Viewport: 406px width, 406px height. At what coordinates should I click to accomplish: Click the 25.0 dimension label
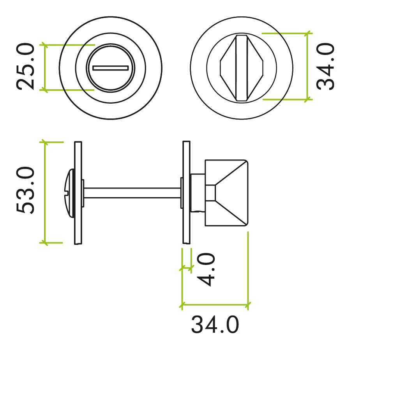(26, 67)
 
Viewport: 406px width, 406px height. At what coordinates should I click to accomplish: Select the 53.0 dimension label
(26, 191)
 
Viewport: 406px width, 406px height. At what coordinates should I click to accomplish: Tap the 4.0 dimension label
(207, 269)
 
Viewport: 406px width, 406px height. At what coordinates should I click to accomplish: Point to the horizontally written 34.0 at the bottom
(215, 325)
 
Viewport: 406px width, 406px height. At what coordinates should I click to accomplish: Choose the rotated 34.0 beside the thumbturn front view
(326, 67)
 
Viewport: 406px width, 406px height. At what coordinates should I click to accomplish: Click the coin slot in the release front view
(111, 68)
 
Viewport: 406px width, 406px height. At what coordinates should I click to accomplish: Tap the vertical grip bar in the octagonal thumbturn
(242, 68)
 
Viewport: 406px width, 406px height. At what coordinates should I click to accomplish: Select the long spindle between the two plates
(132, 192)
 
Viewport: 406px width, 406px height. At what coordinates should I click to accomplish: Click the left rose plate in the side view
(78, 192)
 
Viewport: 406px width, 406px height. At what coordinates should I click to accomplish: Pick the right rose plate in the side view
(186, 192)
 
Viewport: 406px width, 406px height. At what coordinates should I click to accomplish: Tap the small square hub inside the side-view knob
(210, 193)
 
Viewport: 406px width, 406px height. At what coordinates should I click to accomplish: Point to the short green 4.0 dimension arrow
(186, 268)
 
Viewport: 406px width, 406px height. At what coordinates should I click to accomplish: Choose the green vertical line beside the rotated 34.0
(307, 66)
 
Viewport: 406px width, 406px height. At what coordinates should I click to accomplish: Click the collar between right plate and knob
(197, 192)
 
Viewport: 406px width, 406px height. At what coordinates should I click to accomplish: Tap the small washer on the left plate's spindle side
(83, 192)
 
